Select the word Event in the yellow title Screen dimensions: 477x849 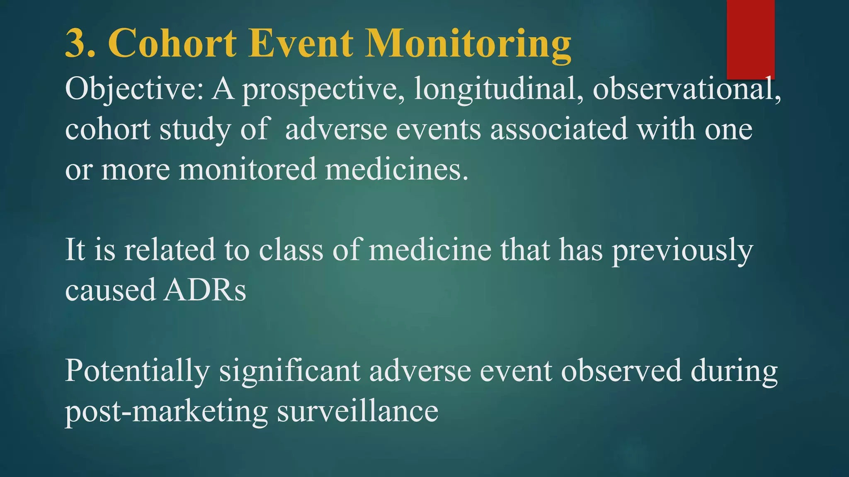coord(301,43)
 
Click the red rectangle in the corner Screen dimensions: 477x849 coord(750,39)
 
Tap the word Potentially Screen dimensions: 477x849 coord(137,371)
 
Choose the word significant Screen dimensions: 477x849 coord(289,371)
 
